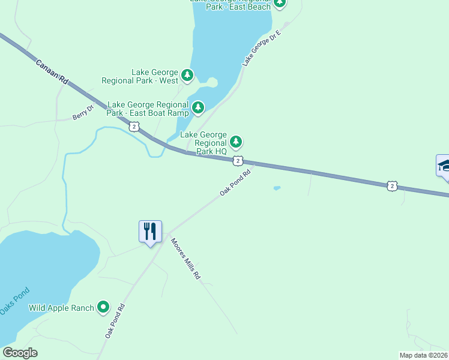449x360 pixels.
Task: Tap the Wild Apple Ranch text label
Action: point(62,308)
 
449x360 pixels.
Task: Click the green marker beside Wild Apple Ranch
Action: point(103,308)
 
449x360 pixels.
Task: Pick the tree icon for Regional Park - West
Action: point(188,76)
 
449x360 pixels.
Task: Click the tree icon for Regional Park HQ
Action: point(237,142)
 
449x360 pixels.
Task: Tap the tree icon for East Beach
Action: point(279,3)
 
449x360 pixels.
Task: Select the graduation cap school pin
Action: point(444,165)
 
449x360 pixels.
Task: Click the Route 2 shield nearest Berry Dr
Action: point(134,126)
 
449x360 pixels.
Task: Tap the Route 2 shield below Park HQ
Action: point(238,160)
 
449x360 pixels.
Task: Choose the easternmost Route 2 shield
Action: point(392,186)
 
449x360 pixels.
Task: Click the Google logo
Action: point(20,353)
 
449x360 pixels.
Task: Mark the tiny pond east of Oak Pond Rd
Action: point(277,188)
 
